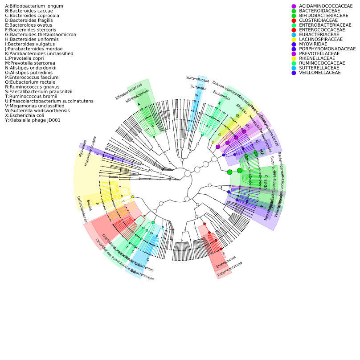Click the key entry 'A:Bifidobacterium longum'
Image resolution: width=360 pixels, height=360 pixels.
click(x=28, y=6)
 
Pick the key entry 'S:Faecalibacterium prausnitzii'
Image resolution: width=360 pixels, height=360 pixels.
click(x=38, y=92)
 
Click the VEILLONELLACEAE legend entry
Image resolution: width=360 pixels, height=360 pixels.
click(x=319, y=73)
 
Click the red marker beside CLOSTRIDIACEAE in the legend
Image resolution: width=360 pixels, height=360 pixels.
click(x=294, y=20)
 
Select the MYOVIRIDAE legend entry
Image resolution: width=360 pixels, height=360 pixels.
click(x=314, y=44)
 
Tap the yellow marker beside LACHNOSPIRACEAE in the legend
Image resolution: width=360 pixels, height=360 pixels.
click(x=294, y=39)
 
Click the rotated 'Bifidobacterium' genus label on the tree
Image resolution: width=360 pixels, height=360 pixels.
click(x=137, y=97)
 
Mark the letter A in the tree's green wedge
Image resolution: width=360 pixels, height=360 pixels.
click(x=139, y=105)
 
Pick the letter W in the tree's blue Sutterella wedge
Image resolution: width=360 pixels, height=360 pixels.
click(x=196, y=95)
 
